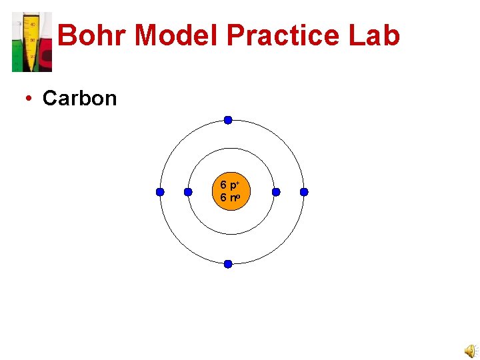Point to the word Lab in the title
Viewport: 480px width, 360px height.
pyautogui.click(x=374, y=36)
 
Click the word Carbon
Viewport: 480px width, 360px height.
pyautogui.click(x=79, y=99)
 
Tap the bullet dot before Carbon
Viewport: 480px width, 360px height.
pyautogui.click(x=28, y=99)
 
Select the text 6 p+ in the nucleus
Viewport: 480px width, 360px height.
pyautogui.click(x=231, y=185)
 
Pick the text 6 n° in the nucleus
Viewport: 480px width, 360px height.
pyautogui.click(x=231, y=198)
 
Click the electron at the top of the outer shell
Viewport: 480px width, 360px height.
pyautogui.click(x=228, y=120)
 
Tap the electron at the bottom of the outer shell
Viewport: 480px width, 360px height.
pyautogui.click(x=228, y=264)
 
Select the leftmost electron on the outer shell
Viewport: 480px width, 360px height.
pyautogui.click(x=160, y=192)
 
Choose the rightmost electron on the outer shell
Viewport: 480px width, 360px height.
pyautogui.click(x=304, y=192)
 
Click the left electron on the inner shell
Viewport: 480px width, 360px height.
pyautogui.click(x=188, y=192)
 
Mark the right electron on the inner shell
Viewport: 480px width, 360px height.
pyautogui.click(x=276, y=192)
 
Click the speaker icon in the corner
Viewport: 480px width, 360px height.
pyautogui.click(x=471, y=351)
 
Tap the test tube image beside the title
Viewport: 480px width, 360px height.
pyautogui.click(x=31, y=42)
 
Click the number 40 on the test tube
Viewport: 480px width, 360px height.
pyautogui.click(x=33, y=24)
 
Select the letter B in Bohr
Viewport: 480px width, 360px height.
pyautogui.click(x=68, y=36)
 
